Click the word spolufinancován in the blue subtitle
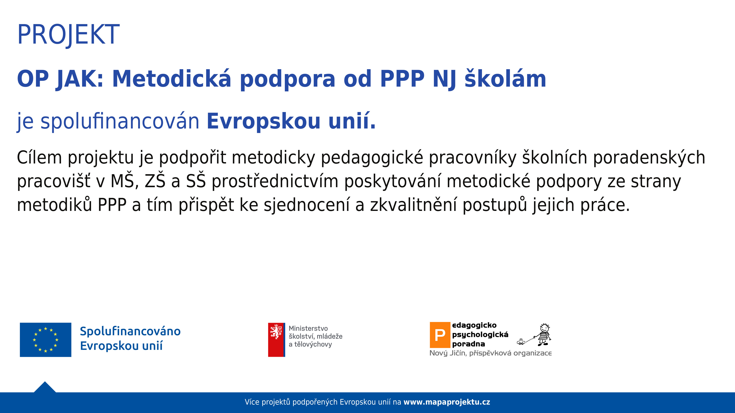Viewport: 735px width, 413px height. coord(120,121)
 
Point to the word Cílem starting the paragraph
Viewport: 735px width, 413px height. coord(39,157)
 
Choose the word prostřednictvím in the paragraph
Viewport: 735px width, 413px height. coord(275,181)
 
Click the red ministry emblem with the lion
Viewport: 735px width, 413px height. coord(276,340)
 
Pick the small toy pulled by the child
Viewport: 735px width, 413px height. coord(521,341)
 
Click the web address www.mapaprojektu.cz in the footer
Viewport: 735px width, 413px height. coord(447,402)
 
